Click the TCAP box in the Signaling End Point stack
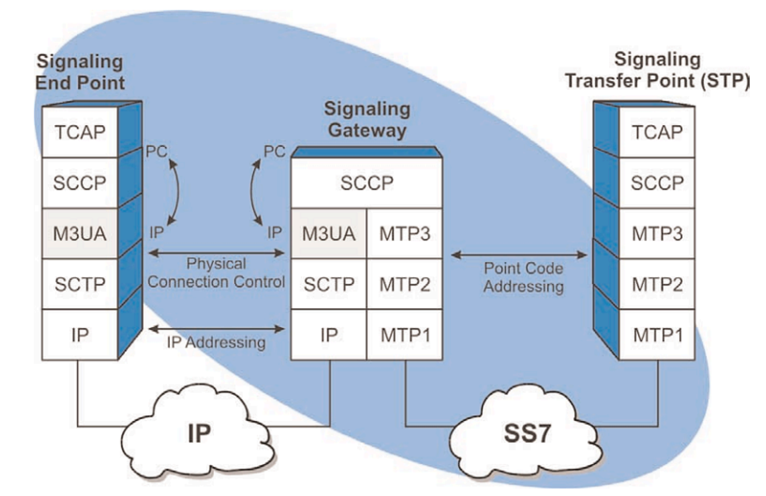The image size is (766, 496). coord(80,132)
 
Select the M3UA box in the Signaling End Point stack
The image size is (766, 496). coord(80,233)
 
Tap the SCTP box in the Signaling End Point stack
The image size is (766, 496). coord(80,284)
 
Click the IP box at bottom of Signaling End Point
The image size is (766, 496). coord(80,335)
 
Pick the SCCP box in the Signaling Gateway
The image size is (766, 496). coord(366,183)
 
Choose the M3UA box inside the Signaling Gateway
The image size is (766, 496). coord(329,233)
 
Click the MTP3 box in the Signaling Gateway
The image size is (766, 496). coord(404,233)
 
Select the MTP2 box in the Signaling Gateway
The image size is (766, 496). coord(404,284)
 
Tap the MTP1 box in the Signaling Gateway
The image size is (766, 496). coord(404,335)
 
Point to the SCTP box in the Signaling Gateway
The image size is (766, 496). coord(329,284)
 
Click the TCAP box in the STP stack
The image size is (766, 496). coord(657,132)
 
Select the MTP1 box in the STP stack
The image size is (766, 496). coord(657,335)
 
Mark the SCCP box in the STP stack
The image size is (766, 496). coord(657,183)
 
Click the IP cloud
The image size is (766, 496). coord(198,433)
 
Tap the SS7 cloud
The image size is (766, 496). coord(527,433)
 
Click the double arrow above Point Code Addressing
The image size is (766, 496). coord(519,255)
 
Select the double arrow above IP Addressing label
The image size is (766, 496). coord(216,328)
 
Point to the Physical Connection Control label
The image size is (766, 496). coord(216,273)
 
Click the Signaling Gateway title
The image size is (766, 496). coord(367,119)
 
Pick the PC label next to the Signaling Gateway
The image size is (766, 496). coord(274,151)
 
